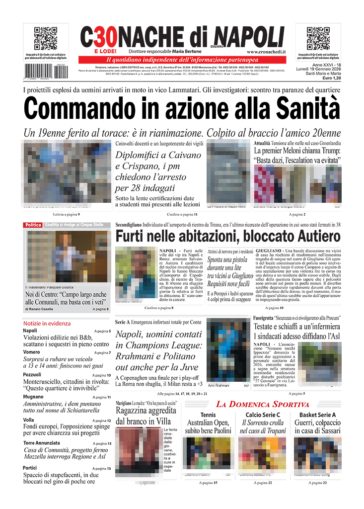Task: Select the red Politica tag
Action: [33, 225]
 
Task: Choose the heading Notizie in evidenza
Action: [47, 323]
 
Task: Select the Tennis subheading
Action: [208, 415]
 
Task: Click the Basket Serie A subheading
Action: [317, 415]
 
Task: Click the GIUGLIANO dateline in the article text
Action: [269, 252]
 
